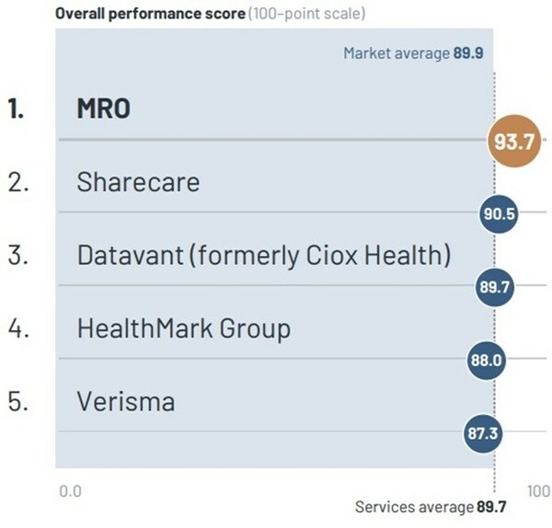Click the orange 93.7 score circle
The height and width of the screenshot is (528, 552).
pyautogui.click(x=514, y=141)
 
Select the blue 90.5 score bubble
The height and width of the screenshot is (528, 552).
pyautogui.click(x=499, y=213)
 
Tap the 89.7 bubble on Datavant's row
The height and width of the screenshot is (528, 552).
pyautogui.click(x=495, y=287)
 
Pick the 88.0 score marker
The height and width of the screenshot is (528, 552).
pyautogui.click(x=486, y=360)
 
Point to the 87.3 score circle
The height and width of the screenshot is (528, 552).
pyautogui.click(x=483, y=433)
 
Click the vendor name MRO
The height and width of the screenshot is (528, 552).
pyautogui.click(x=103, y=109)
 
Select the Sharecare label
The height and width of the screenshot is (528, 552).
pyautogui.click(x=138, y=182)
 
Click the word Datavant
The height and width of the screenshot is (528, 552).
pyautogui.click(x=131, y=255)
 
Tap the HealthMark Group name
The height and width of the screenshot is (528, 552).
pyautogui.click(x=184, y=329)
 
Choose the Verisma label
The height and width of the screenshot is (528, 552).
pyautogui.click(x=126, y=401)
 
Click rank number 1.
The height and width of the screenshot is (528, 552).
pyautogui.click(x=16, y=109)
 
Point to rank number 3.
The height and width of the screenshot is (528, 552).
pyautogui.click(x=18, y=255)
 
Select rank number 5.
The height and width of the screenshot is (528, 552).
pyautogui.click(x=18, y=401)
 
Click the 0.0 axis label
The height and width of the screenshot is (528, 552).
pyautogui.click(x=71, y=491)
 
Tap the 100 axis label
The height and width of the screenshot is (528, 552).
pyautogui.click(x=538, y=491)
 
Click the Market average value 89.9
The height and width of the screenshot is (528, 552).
pyautogui.click(x=468, y=53)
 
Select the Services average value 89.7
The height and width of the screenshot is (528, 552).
pyautogui.click(x=491, y=507)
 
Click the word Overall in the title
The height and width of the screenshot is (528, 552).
pyautogui.click(x=80, y=14)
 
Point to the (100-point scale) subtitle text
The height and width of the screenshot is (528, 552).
pyautogui.click(x=306, y=14)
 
